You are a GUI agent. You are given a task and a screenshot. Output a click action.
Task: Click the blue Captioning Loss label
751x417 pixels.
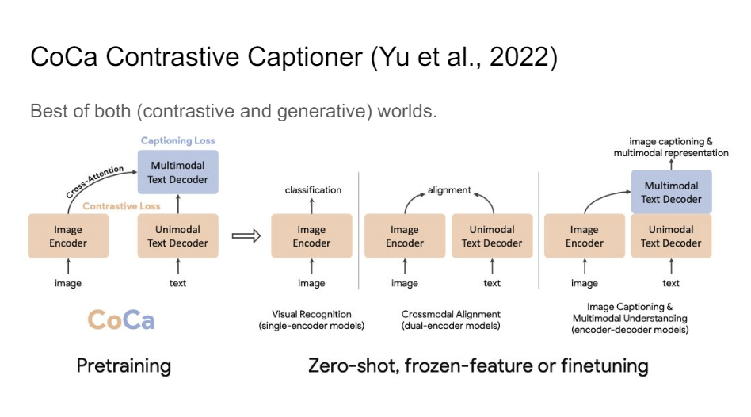click(177, 141)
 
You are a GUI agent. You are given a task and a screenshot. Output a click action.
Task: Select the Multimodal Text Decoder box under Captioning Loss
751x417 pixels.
click(177, 173)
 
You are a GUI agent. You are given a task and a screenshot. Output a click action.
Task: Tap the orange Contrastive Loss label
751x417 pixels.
click(121, 206)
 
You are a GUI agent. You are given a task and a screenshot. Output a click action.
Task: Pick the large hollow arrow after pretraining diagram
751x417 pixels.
click(245, 235)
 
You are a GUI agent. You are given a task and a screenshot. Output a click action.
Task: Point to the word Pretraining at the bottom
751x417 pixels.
click(124, 365)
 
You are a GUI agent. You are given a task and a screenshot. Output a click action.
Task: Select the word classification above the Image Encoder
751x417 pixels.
click(313, 190)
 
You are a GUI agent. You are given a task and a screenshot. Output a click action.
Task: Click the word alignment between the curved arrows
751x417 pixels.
click(449, 190)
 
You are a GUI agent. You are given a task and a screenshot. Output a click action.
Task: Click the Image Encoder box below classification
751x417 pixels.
click(311, 236)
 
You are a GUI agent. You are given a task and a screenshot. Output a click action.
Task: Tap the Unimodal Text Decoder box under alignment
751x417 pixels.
click(492, 236)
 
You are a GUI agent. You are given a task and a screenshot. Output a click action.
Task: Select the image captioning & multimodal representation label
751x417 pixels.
click(671, 147)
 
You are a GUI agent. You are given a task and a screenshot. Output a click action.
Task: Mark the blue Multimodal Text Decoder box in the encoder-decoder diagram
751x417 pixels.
click(671, 192)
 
